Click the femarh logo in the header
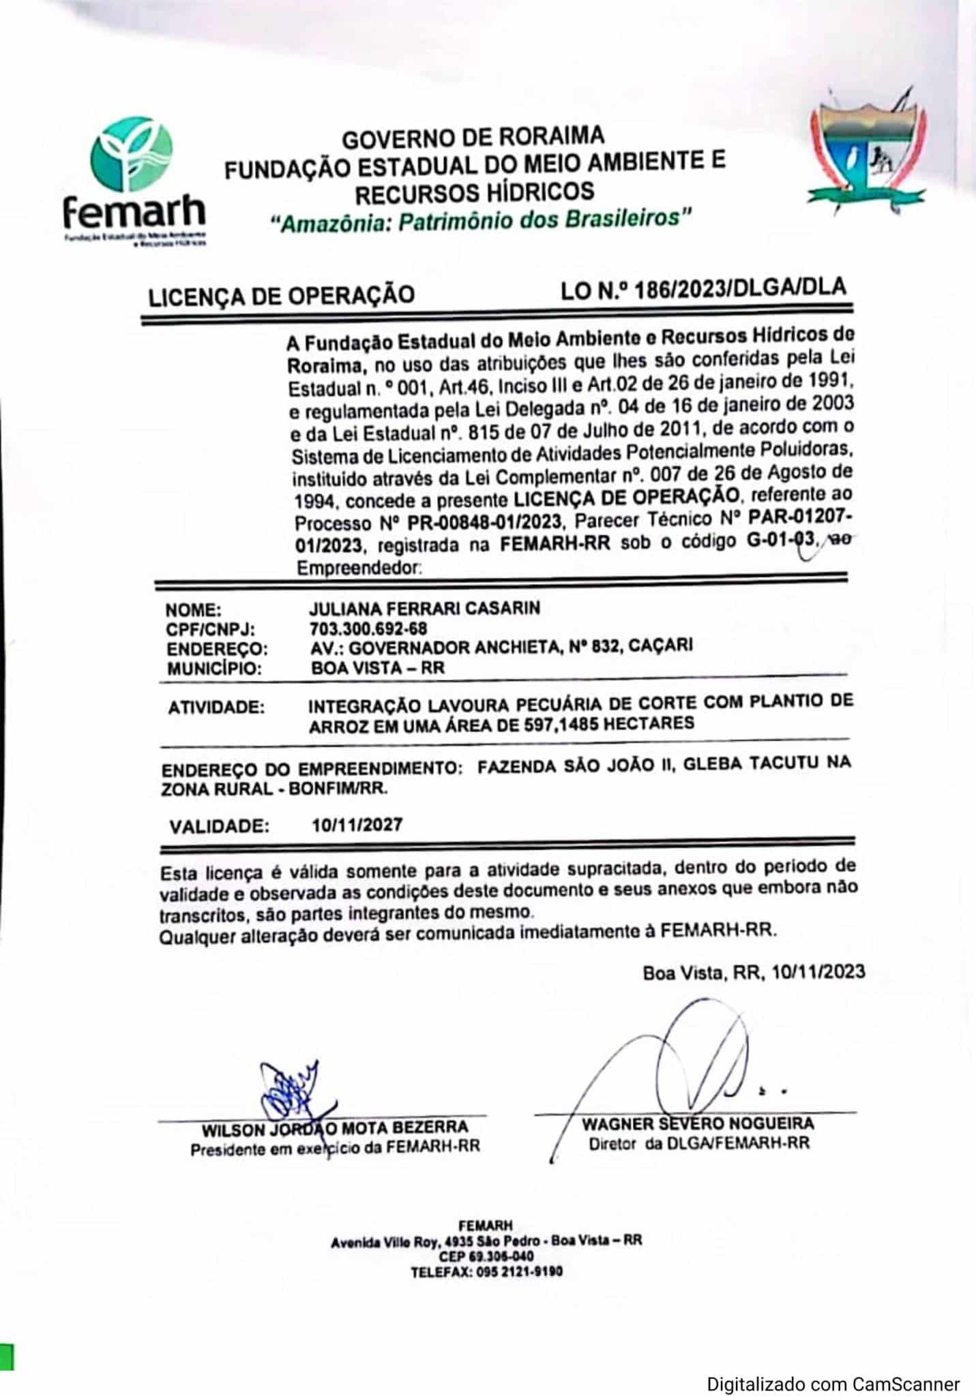(134, 181)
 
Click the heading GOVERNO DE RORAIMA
(473, 137)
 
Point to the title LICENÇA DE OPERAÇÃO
(281, 294)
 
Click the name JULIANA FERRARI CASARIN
(424, 607)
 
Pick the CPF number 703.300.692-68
(368, 627)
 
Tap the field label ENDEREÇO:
(217, 648)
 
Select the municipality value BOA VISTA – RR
(377, 667)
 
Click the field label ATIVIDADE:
(216, 708)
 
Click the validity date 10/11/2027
(357, 825)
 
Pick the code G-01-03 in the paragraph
(778, 543)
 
